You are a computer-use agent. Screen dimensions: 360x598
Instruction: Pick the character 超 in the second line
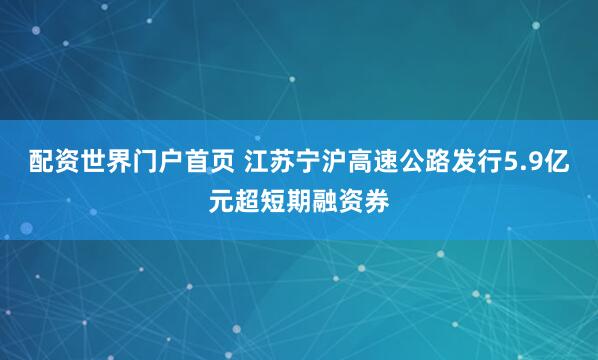point(246,198)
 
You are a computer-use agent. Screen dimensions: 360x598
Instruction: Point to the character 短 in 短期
point(274,198)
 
